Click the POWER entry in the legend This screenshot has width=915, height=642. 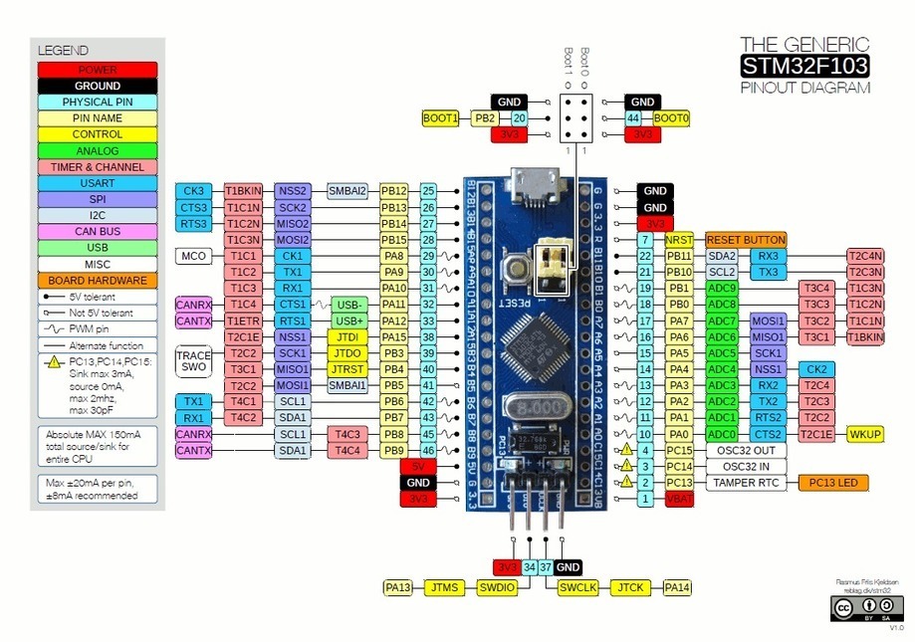tap(97, 70)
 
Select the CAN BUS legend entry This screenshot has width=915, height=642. tap(97, 231)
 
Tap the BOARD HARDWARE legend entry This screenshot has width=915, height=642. tap(97, 280)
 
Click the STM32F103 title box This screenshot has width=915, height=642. tap(803, 66)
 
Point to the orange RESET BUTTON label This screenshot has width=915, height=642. tap(746, 240)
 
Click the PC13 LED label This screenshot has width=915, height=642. tap(832, 483)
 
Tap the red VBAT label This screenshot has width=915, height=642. tap(679, 499)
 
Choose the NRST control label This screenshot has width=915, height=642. tap(679, 240)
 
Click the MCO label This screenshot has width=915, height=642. tap(193, 256)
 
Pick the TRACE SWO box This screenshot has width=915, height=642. tap(193, 360)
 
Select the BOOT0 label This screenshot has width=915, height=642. tap(671, 117)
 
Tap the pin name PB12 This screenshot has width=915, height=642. tap(394, 190)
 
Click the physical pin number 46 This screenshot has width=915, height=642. tap(429, 450)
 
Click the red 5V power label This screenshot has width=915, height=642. tap(417, 466)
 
